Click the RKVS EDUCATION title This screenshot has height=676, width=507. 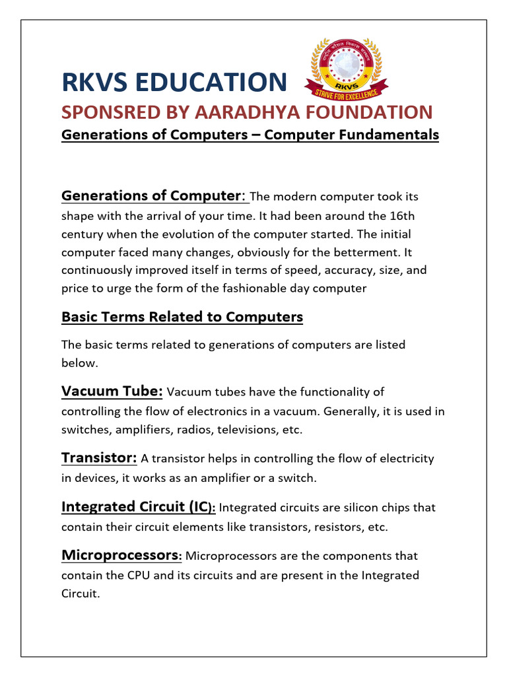coord(174,82)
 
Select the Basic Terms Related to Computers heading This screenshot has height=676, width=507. coord(182,317)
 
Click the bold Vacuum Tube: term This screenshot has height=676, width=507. coord(112,391)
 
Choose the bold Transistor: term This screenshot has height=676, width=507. coord(99,457)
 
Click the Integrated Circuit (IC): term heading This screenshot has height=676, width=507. coord(138,506)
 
